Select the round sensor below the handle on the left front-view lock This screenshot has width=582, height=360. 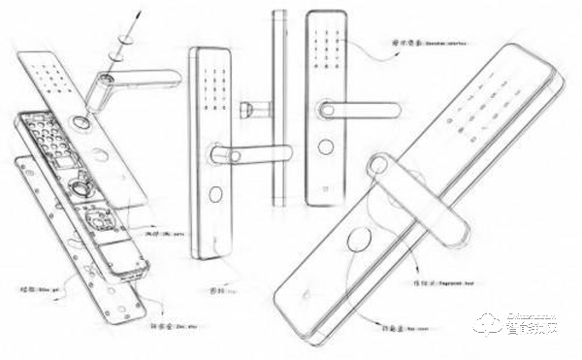(215, 191)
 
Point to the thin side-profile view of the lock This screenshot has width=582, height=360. (280, 107)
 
